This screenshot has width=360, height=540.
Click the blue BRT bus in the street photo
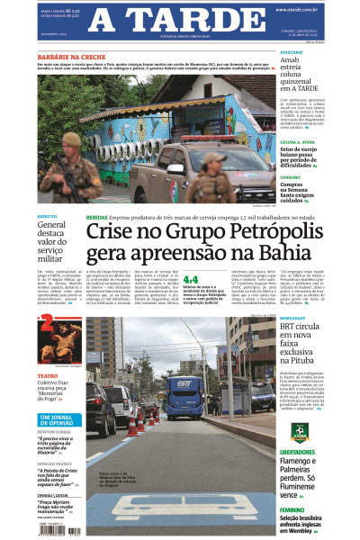[184, 397]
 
